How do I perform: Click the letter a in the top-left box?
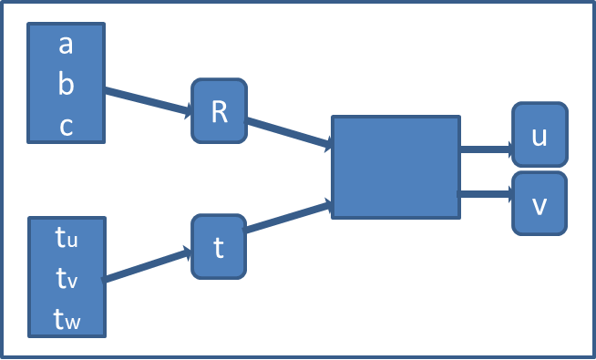[66, 44]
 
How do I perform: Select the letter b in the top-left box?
[66, 84]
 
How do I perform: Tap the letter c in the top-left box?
[66, 126]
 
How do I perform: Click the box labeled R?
[219, 110]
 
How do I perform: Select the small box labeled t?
[219, 247]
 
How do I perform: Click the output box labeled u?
[539, 135]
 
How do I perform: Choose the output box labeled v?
[539, 204]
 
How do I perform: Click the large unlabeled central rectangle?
[396, 167]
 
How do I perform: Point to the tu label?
[67, 239]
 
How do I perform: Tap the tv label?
[67, 278]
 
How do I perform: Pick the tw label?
[67, 318]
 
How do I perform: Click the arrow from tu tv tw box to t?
[146, 266]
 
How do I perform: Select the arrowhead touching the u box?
[508, 148]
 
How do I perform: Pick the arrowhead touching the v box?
[508, 194]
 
